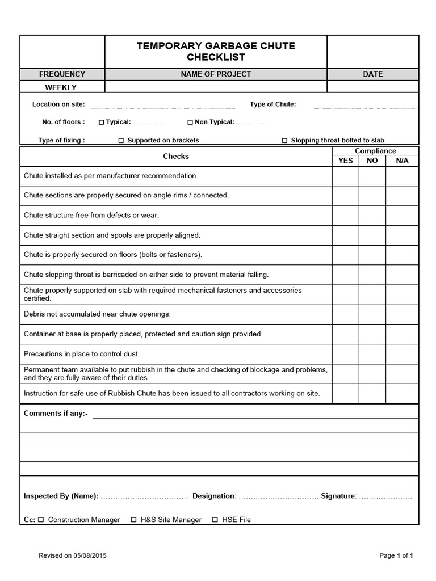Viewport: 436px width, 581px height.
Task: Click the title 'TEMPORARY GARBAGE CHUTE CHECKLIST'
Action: point(216,52)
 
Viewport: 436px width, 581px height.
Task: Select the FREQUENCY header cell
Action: point(62,74)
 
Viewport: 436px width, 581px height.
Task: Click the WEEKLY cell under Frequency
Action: point(62,87)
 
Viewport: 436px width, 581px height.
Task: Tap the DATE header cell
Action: point(372,74)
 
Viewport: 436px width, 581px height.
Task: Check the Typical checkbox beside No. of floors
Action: point(102,122)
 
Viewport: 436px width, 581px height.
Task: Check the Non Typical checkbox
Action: point(190,122)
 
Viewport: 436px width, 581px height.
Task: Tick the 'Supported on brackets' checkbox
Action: point(121,141)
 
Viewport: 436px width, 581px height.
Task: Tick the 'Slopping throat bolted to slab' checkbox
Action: point(284,141)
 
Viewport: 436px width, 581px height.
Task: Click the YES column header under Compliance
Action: point(345,161)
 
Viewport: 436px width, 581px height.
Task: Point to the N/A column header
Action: point(402,161)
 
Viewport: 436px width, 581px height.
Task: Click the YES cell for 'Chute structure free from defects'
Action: point(345,216)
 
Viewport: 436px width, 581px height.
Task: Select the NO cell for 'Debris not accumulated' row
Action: point(372,314)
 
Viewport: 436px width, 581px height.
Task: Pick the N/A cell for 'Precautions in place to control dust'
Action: point(402,354)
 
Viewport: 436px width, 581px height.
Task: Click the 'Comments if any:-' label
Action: point(56,414)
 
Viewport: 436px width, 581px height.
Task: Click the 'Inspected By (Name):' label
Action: point(61,496)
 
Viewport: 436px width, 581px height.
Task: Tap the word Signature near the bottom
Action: point(338,496)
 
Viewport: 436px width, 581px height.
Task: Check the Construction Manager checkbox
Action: point(41,520)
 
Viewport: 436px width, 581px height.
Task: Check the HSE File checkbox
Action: point(215,520)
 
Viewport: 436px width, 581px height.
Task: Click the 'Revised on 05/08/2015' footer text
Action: point(72,555)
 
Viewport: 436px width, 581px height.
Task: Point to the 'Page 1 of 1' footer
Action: point(396,555)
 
